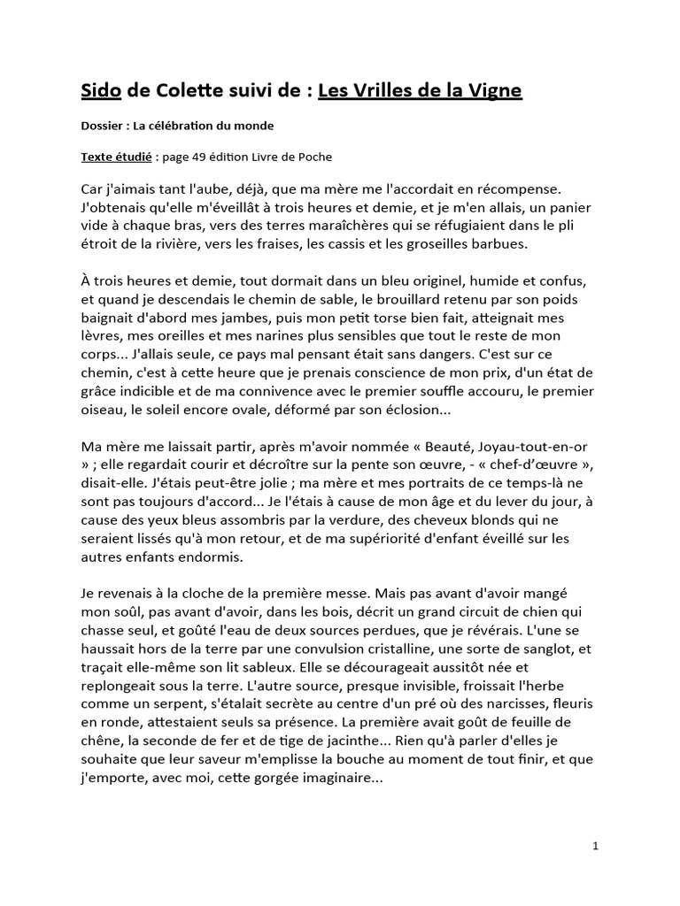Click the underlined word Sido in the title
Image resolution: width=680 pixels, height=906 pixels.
click(100, 90)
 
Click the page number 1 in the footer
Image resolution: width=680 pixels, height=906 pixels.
click(596, 846)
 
